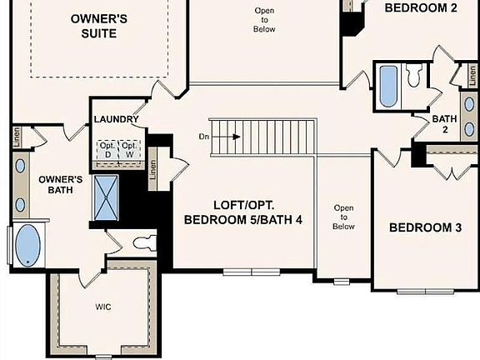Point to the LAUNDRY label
coord(116,120)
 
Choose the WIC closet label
coord(102,307)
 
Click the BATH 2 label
coord(443,124)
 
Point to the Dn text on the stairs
coord(203,137)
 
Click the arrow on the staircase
coord(229,137)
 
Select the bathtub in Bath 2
coord(389,86)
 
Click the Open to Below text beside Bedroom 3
coord(343,217)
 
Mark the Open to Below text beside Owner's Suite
coord(263,19)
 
